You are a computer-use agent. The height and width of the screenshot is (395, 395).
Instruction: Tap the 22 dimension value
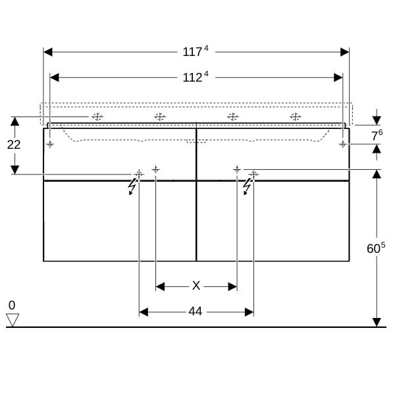click(x=14, y=145)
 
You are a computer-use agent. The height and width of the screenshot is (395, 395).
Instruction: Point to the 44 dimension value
click(x=196, y=311)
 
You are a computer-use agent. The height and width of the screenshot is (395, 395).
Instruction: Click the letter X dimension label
click(x=196, y=286)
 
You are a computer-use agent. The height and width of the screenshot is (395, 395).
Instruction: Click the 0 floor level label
click(x=12, y=305)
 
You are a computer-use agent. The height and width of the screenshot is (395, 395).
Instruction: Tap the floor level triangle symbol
click(x=13, y=320)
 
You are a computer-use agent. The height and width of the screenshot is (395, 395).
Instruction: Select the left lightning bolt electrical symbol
click(x=132, y=186)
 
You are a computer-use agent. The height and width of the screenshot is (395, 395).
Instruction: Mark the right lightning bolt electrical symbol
click(x=247, y=186)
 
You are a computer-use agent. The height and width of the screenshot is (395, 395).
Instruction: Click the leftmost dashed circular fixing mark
click(x=97, y=117)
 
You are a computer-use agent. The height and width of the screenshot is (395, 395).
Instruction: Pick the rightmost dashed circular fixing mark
click(x=295, y=117)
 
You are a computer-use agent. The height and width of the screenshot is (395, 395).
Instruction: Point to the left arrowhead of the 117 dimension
click(x=48, y=52)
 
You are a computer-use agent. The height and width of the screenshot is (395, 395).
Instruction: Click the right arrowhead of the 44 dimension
click(x=249, y=312)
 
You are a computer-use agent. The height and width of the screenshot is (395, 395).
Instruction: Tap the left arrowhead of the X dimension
click(x=160, y=286)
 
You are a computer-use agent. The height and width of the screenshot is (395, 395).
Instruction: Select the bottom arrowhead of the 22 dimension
click(x=15, y=170)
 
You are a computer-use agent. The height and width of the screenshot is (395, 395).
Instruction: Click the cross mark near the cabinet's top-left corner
click(x=50, y=144)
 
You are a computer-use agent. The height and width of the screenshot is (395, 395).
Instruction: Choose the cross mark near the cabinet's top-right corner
click(x=342, y=144)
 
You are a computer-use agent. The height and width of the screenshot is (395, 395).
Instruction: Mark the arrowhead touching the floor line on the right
click(x=377, y=323)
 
